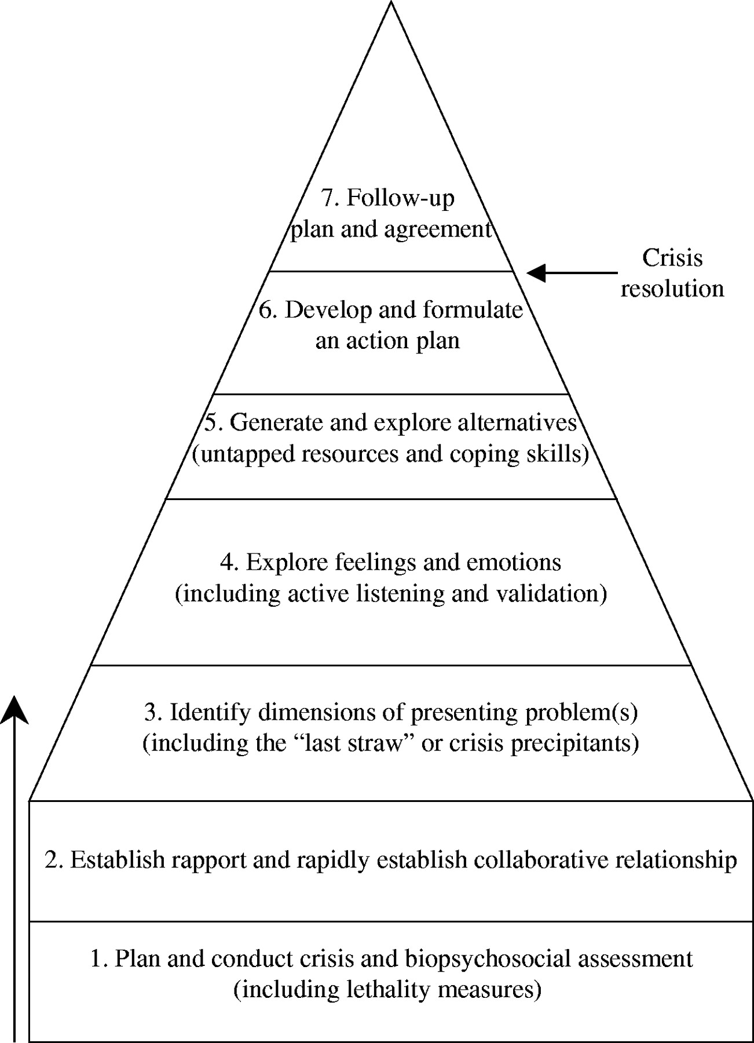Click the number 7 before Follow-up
[328, 198]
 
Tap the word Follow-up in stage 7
[401, 198]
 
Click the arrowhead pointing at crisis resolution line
[536, 272]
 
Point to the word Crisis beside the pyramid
[672, 258]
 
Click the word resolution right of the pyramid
[672, 289]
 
